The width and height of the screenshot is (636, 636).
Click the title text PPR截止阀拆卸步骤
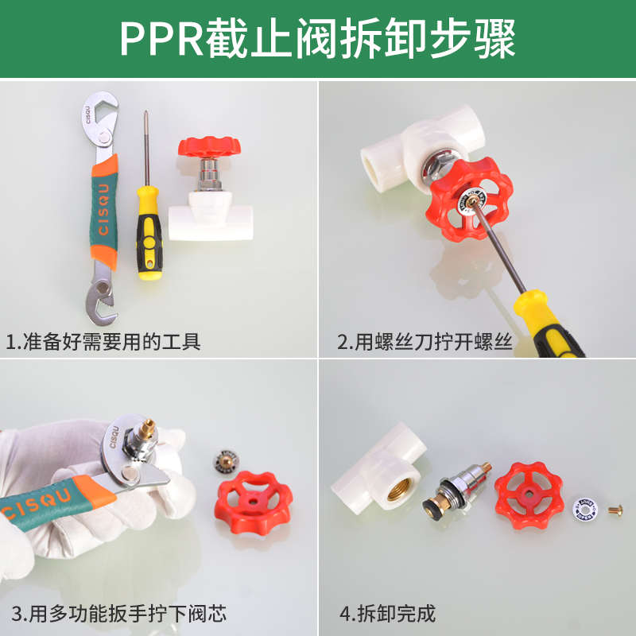[318, 38]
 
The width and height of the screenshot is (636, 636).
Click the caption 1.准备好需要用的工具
[103, 343]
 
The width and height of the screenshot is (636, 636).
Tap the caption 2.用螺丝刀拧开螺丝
[425, 343]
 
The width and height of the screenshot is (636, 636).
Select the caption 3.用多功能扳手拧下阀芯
[119, 614]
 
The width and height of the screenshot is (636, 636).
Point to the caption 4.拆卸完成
[388, 614]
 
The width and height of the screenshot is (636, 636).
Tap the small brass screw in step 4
[616, 508]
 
